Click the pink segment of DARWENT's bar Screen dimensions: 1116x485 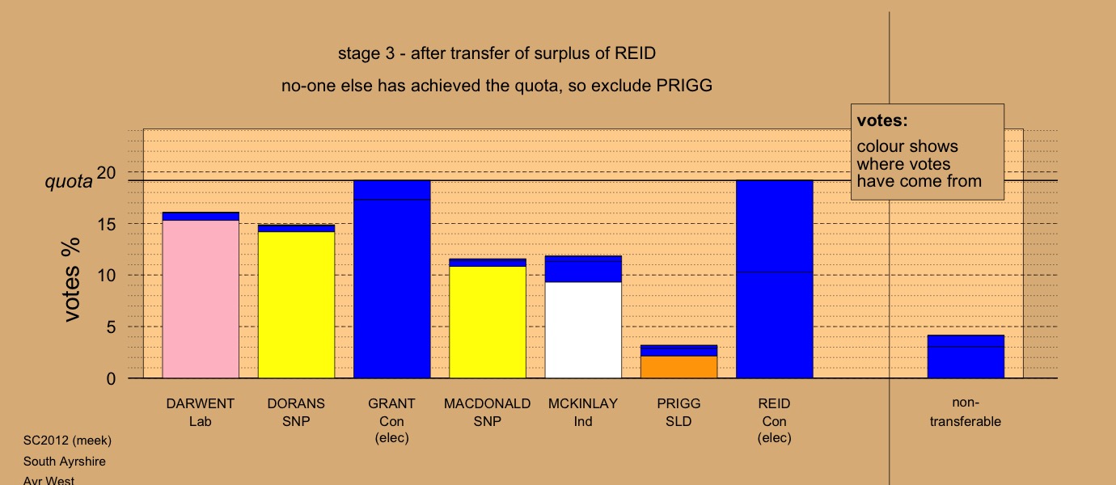pos(201,299)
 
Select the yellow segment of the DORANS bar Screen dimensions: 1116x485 pos(297,305)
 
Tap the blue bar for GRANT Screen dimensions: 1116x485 pos(392,279)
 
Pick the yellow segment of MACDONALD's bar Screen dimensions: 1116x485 pos(488,323)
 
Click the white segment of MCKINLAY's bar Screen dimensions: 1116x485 pos(583,330)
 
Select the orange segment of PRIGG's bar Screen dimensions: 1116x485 pos(679,367)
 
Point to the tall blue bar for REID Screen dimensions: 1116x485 pos(775,279)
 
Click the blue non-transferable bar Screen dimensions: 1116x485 pos(966,356)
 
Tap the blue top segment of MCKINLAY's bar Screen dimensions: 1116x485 pos(583,269)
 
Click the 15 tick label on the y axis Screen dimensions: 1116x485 pos(107,225)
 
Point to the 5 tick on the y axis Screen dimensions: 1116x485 pos(111,327)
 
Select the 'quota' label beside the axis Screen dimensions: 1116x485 pos(69,182)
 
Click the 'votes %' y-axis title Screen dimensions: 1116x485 pos(70,280)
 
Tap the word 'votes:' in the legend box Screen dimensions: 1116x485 pos(882,120)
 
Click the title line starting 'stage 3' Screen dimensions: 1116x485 pos(497,53)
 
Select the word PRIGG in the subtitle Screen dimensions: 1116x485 pos(684,86)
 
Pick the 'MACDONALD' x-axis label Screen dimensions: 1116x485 pos(488,403)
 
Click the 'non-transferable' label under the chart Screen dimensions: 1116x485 pos(966,411)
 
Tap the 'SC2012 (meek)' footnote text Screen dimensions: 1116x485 pos(67,441)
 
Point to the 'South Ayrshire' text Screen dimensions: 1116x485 pos(64,462)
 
